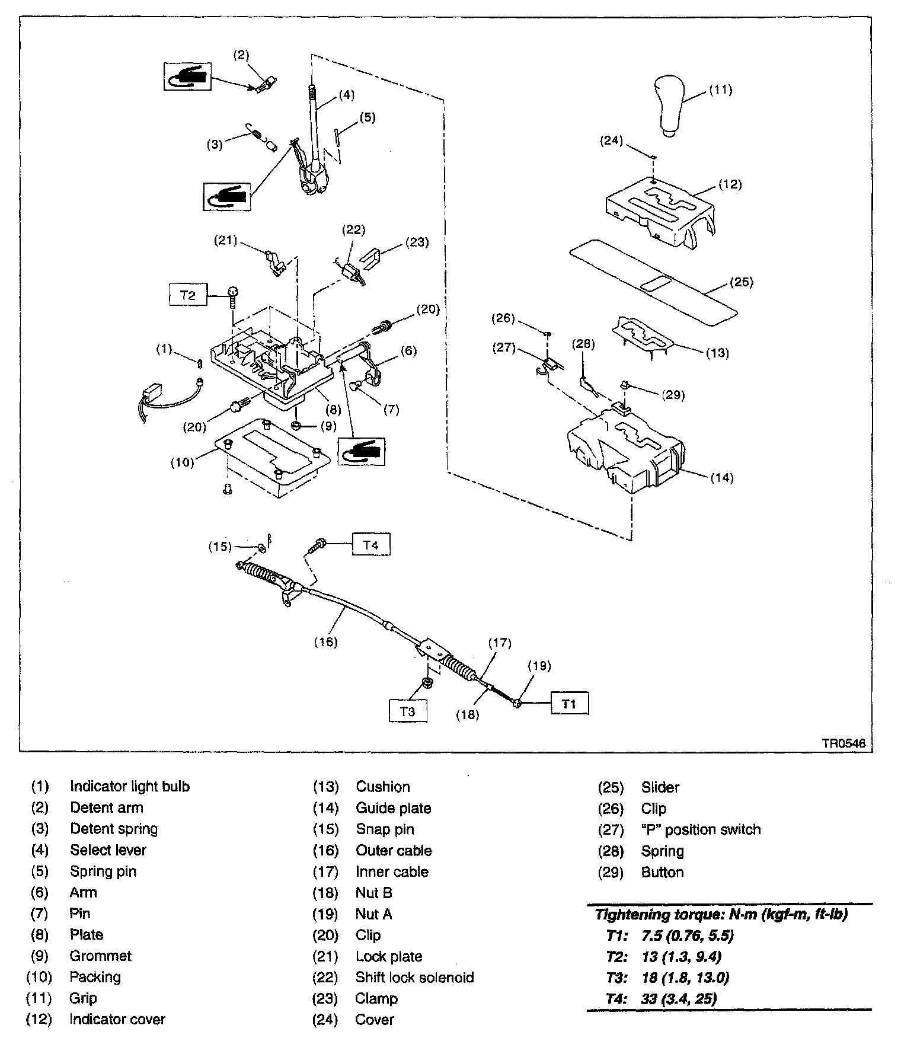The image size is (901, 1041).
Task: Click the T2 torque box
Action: (188, 295)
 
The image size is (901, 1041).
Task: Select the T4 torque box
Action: (370, 544)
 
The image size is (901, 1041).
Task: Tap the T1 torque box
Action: (569, 704)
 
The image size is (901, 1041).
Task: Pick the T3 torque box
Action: (408, 711)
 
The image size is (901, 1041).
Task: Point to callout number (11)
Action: (721, 90)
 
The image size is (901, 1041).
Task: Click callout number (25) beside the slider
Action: (741, 282)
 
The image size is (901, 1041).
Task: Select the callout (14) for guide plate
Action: (722, 478)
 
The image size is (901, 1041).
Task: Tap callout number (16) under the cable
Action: (325, 641)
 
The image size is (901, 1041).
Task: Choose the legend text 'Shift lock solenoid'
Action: (414, 977)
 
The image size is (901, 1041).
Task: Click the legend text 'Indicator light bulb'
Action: (130, 787)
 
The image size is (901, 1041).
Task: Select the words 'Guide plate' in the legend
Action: (393, 808)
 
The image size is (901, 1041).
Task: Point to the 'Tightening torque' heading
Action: (721, 914)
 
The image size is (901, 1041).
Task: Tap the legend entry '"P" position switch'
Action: (701, 829)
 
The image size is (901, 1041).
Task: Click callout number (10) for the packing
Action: (183, 462)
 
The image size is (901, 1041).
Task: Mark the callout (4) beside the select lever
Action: (347, 95)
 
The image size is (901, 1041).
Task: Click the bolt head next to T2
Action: (233, 291)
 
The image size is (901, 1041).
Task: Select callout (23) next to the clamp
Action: (417, 242)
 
